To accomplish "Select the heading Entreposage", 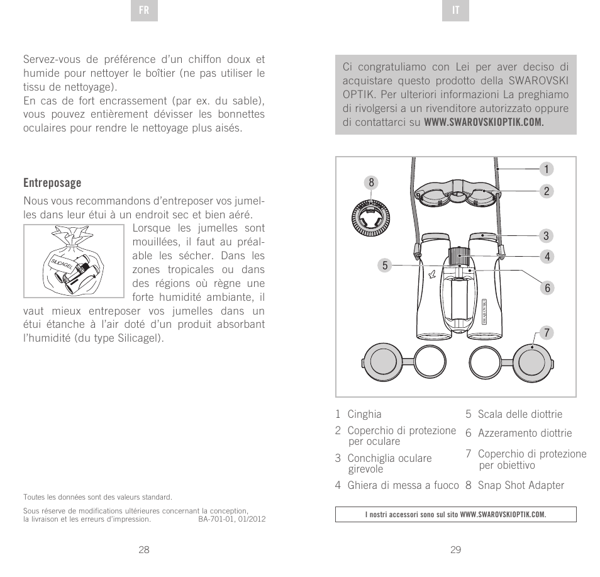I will pos(52,183).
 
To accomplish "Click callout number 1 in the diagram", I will pos(547,169).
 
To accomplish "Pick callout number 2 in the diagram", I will pos(547,191).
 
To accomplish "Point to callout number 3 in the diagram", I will pos(547,237).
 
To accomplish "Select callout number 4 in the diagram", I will pos(547,257).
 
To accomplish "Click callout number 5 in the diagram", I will pos(371,266).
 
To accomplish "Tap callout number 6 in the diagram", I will pos(547,288).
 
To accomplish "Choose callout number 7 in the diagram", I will pos(547,332).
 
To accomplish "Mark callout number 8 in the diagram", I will pos(371,182).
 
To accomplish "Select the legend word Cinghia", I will pos(364,414).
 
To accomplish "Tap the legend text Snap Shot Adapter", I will pos(520,485).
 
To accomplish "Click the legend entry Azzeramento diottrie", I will pos(525,433).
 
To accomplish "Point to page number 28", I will pos(144,549).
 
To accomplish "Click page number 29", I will pos(456,549).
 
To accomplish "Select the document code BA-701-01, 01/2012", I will pos(231,520).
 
